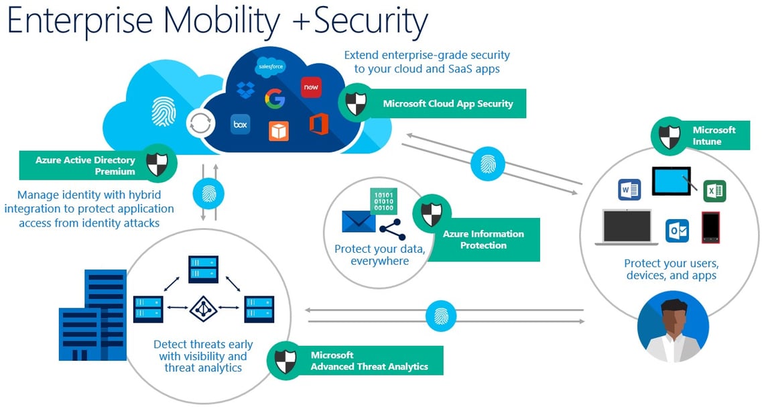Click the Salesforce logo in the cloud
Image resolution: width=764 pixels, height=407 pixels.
(271, 67)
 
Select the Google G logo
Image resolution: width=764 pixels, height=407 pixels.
(275, 99)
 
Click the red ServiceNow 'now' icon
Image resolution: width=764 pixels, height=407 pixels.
(311, 87)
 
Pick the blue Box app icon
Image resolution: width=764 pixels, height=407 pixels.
(241, 124)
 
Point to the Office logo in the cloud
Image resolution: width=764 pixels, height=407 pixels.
(319, 124)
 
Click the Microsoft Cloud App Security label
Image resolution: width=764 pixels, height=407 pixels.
(447, 104)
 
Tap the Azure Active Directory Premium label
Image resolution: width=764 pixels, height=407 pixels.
(86, 166)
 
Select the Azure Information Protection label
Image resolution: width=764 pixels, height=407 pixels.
(483, 239)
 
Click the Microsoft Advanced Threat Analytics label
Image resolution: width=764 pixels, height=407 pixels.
(369, 361)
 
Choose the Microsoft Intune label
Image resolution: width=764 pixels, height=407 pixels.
(714, 135)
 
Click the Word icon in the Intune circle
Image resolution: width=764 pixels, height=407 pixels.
(629, 190)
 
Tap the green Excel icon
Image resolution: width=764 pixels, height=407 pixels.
(714, 191)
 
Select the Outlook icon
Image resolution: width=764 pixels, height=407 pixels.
(677, 231)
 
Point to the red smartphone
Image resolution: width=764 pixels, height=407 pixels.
(710, 227)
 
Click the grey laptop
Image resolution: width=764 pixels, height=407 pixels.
(631, 228)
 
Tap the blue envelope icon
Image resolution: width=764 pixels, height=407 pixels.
(359, 221)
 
